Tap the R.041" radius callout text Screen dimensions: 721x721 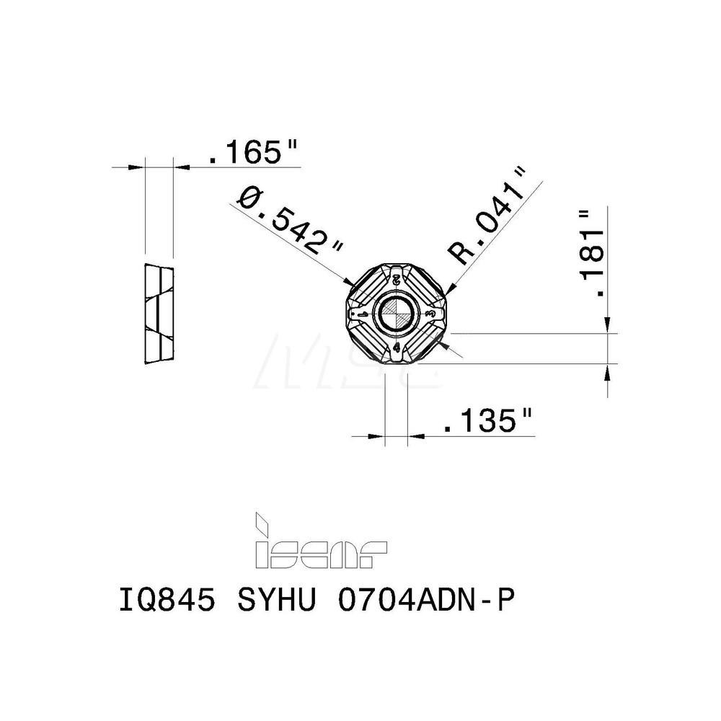(x=487, y=214)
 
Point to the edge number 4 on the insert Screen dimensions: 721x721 (x=397, y=348)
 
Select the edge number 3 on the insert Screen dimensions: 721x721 (x=430, y=315)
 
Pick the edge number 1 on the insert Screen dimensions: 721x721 (x=361, y=316)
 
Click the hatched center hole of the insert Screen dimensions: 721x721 (x=397, y=314)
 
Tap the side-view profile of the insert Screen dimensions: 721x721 (x=159, y=314)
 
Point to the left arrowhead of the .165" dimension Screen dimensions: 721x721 (x=138, y=167)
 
